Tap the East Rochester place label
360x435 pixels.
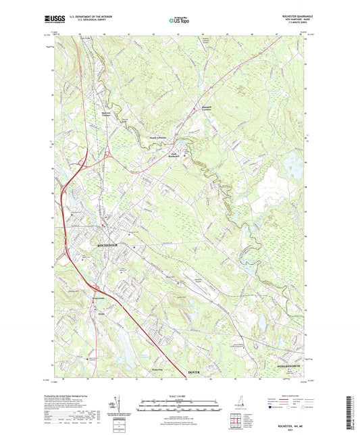pos(178,156)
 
